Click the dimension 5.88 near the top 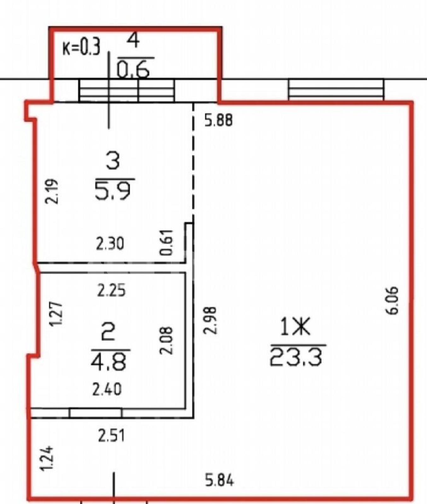point(219,120)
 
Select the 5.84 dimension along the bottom point(220,481)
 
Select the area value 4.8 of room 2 point(108,362)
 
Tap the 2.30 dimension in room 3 point(110,244)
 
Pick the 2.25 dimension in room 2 point(111,290)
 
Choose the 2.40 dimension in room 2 point(107,389)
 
